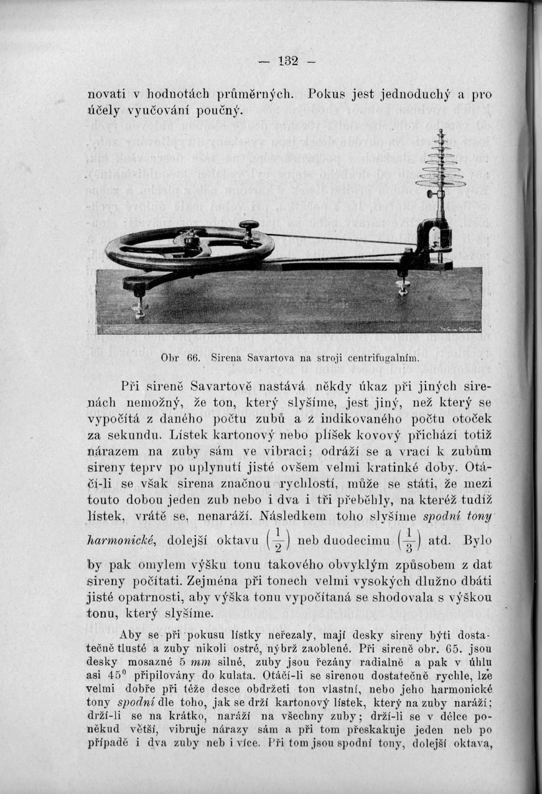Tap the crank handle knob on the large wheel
point(248,226)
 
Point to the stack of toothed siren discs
point(441,165)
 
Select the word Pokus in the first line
point(329,95)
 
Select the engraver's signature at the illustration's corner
point(461,329)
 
